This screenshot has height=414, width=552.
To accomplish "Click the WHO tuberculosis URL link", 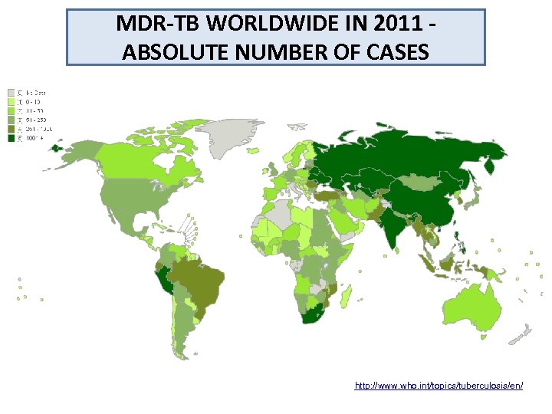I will click(x=439, y=386).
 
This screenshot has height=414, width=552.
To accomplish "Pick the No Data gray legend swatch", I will click(x=11, y=93).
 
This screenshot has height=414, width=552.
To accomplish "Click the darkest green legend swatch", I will click(x=11, y=139).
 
